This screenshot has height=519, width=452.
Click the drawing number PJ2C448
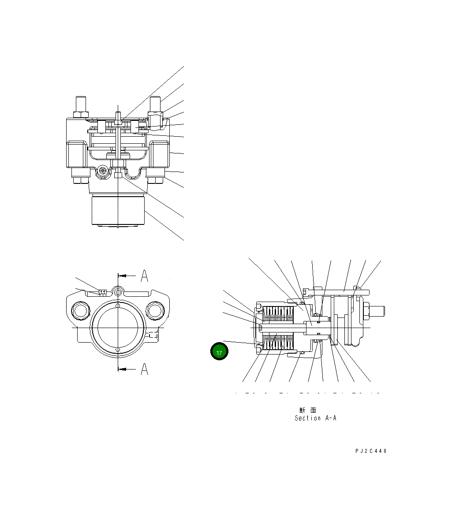tap(371, 451)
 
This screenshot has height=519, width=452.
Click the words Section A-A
tap(315, 418)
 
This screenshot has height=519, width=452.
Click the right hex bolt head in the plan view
tap(155, 311)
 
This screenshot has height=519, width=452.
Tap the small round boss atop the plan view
tap(118, 291)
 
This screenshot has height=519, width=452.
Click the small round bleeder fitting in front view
tap(102, 171)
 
